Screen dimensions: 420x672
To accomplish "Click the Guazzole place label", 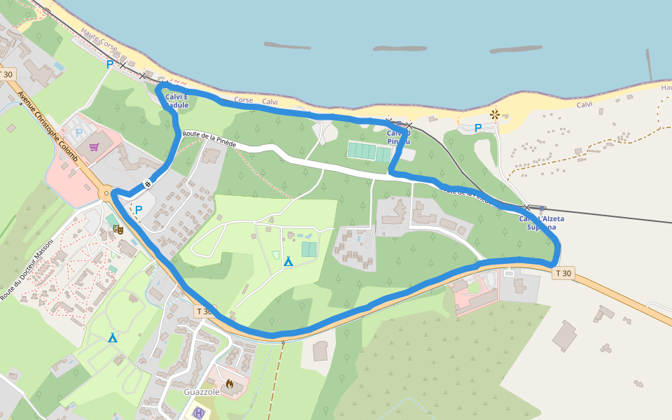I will pos(202,392).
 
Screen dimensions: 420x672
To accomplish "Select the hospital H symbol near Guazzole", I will pos(199,413).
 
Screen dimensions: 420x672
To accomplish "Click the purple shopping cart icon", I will pos(94,147).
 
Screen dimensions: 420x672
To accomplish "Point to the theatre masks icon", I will pos(118,228).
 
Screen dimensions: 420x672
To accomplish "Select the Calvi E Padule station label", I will pos(176,101).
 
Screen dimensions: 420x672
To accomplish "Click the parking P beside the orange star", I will pos(478,128).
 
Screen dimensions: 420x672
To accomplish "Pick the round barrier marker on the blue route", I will pos(148,184).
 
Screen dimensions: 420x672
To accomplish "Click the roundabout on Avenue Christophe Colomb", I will pos(106,193).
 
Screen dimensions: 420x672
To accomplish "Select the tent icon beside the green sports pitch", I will pos(288,261).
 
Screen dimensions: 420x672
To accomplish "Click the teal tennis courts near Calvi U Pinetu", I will pos(369,151).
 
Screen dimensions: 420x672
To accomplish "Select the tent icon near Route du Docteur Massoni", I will pos(113,338).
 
